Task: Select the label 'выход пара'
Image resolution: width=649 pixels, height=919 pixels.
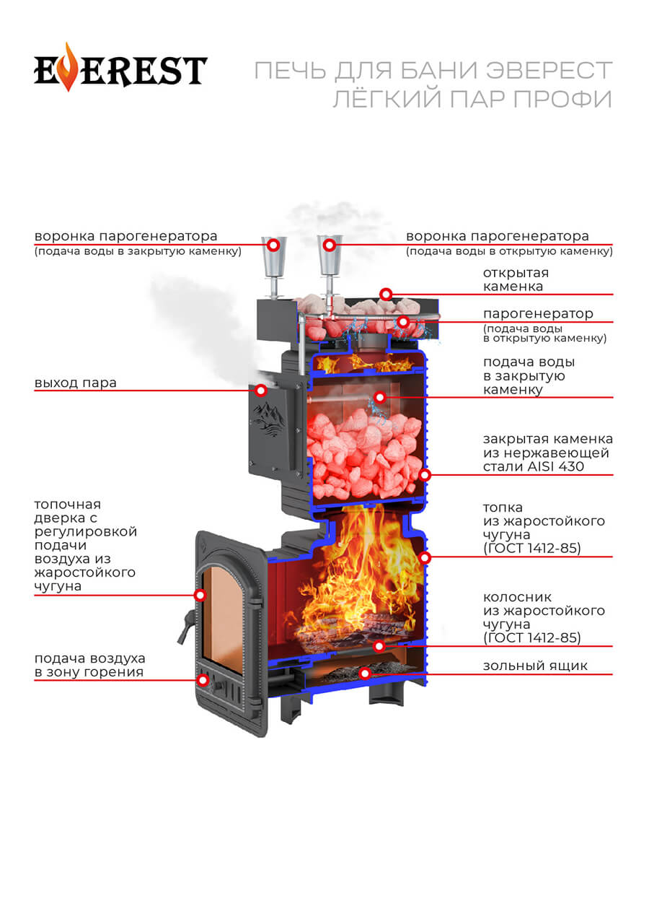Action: [x=75, y=383]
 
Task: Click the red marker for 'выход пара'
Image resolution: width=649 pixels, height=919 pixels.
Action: [x=261, y=391]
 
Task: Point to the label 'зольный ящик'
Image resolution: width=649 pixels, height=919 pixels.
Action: [x=535, y=666]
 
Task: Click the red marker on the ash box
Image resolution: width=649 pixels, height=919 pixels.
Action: [x=366, y=674]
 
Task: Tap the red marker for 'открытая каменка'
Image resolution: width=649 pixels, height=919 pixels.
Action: [x=387, y=294]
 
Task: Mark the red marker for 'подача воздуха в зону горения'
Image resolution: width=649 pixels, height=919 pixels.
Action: [x=203, y=679]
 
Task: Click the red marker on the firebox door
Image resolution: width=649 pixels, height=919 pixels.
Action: [x=200, y=595]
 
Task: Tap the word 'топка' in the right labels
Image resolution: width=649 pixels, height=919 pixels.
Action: [x=503, y=508]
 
